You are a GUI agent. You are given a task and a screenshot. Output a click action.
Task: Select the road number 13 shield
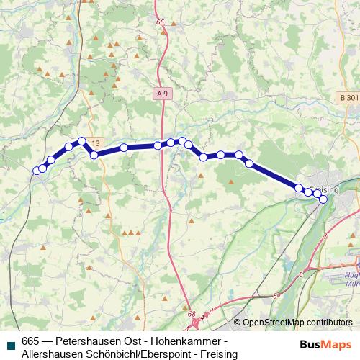[96, 143]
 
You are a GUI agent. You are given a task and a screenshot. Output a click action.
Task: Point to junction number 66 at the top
[160, 22]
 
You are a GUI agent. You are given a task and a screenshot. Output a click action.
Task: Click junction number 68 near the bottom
[191, 315]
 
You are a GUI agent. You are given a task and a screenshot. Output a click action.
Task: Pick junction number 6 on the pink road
[300, 274]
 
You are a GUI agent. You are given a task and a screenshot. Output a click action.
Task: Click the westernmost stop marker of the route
[37, 171]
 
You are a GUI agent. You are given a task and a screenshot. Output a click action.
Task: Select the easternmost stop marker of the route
[323, 199]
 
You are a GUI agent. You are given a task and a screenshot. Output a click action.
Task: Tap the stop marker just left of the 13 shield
[82, 141]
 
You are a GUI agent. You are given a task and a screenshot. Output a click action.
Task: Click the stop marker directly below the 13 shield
[94, 155]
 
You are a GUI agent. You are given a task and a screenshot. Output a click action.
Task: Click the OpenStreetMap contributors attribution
[297, 323]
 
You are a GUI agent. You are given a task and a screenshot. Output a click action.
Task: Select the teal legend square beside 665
[9, 341]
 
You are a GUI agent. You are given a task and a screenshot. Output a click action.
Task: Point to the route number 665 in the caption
[31, 341]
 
